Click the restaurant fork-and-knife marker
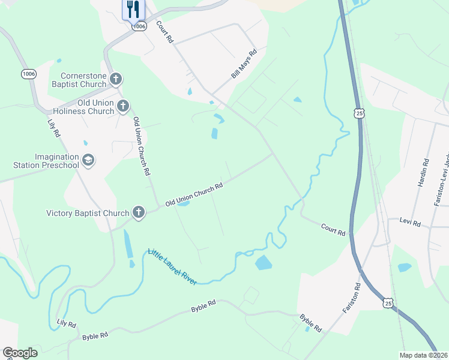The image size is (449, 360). pos(133,10)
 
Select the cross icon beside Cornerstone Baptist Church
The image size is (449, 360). pos(116,79)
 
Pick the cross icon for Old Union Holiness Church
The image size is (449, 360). pos(122,107)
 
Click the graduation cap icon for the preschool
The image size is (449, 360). pos(88,160)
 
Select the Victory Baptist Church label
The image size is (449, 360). pos(88,213)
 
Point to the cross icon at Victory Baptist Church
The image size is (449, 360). pos(138,212)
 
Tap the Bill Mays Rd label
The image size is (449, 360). pos(244,64)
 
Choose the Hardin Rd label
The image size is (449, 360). pos(425,171)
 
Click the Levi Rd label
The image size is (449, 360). pos(410,223)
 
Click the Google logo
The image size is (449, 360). pos(20,353)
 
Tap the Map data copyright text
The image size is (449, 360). pos(423,355)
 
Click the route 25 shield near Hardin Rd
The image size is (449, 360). pos(359,113)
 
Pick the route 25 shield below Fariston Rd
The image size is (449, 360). pos(388,304)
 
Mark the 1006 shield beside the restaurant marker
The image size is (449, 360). pos(139,26)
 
